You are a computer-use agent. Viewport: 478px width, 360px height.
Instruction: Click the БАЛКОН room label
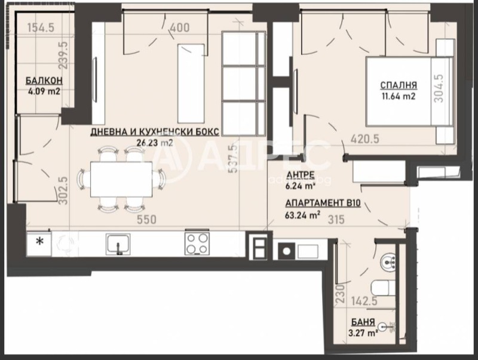44,82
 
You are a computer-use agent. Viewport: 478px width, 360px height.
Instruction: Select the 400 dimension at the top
179,27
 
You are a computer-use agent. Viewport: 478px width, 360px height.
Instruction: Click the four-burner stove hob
197,244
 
